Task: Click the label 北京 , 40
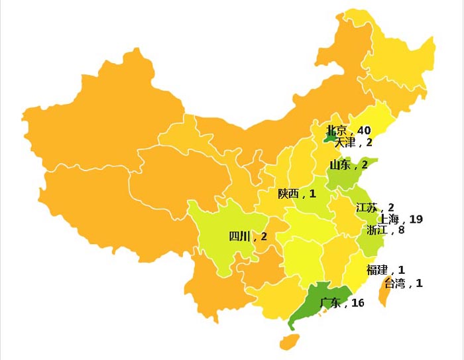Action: click(348, 130)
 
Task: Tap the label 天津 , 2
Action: click(353, 142)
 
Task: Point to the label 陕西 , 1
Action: click(296, 194)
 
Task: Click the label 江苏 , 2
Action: click(375, 208)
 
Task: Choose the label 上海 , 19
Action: click(400, 219)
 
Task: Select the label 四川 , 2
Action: click(248, 236)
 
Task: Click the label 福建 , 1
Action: click(385, 270)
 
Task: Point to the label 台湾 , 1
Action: click(403, 283)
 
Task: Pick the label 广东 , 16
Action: click(342, 303)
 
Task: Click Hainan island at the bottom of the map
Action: click(288, 341)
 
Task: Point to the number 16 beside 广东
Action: click(358, 303)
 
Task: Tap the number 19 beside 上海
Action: click(416, 219)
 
